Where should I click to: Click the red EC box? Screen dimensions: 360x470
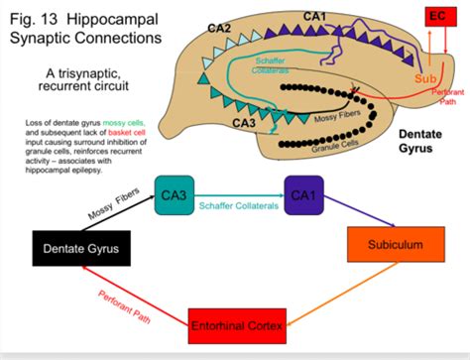point(436,16)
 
